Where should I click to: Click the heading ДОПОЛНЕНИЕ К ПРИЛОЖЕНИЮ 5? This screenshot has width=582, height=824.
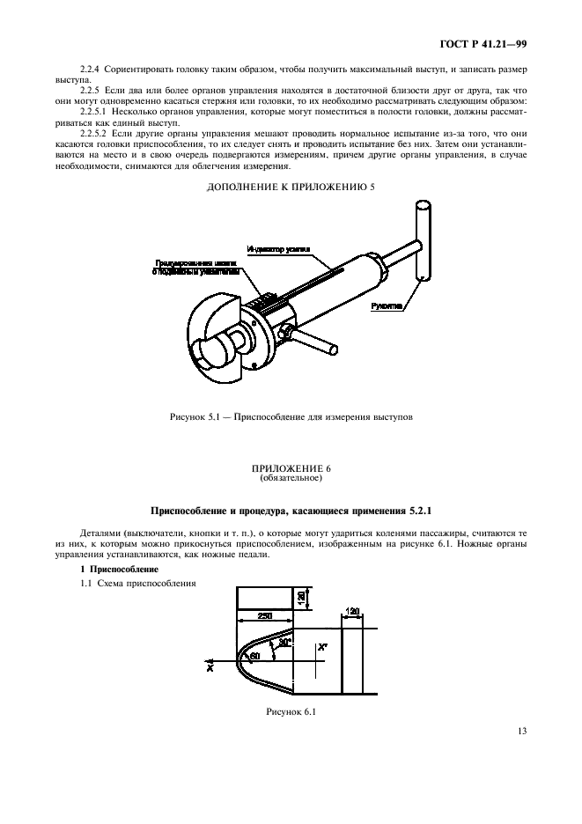(x=290, y=187)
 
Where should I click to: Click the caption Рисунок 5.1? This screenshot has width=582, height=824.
(x=290, y=416)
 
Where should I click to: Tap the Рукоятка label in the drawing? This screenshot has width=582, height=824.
(x=387, y=307)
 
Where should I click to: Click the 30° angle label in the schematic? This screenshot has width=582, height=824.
(x=283, y=643)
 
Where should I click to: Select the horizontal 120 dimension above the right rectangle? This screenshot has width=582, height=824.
(x=353, y=610)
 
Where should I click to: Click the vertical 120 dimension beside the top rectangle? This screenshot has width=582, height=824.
(x=300, y=597)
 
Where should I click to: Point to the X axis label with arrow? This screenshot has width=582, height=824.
(x=210, y=667)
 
